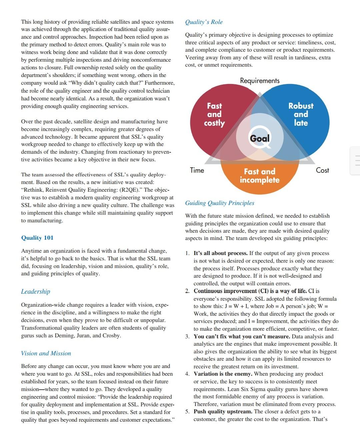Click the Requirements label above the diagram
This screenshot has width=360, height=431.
(x=260, y=81)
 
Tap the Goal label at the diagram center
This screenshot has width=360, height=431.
(x=260, y=138)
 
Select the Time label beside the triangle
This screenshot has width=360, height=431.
(x=197, y=170)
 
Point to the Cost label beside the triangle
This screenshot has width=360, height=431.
(x=322, y=170)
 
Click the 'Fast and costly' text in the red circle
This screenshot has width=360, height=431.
(x=214, y=114)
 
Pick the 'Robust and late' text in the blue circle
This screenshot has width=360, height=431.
(x=301, y=114)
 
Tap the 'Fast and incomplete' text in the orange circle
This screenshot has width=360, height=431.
(x=260, y=176)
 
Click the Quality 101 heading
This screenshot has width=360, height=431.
(x=37, y=238)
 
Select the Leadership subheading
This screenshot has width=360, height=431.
(x=36, y=292)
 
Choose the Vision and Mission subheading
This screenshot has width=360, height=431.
(x=46, y=353)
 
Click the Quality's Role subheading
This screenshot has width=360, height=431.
(x=204, y=22)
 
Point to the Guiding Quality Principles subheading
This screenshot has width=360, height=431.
(x=220, y=203)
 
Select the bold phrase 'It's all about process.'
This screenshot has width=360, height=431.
(x=221, y=253)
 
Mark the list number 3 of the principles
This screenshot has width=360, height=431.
(x=188, y=336)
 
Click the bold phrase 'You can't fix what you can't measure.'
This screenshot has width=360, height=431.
(x=242, y=336)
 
